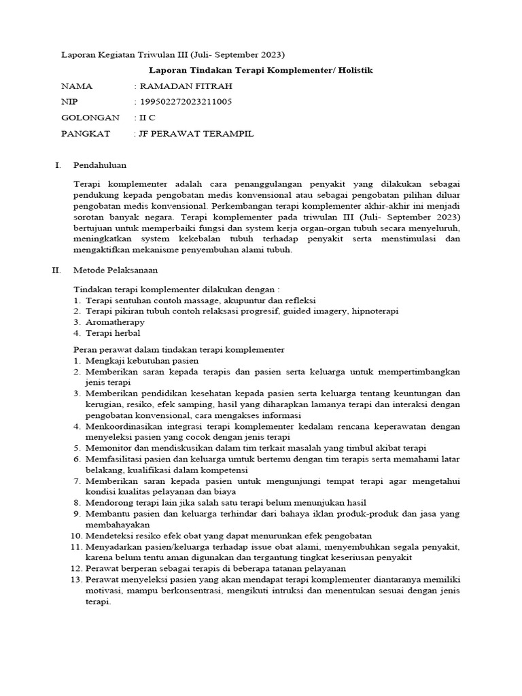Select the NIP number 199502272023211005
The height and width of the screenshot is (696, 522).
[186, 102]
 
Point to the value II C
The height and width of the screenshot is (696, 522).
[147, 118]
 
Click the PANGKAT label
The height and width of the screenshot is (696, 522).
[86, 134]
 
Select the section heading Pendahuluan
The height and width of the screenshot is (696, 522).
[99, 165]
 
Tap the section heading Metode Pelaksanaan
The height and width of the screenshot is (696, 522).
[115, 271]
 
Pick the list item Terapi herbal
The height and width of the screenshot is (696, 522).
[114, 333]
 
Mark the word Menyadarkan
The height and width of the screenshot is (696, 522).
[113, 546]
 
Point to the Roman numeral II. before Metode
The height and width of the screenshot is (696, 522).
[58, 271]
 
